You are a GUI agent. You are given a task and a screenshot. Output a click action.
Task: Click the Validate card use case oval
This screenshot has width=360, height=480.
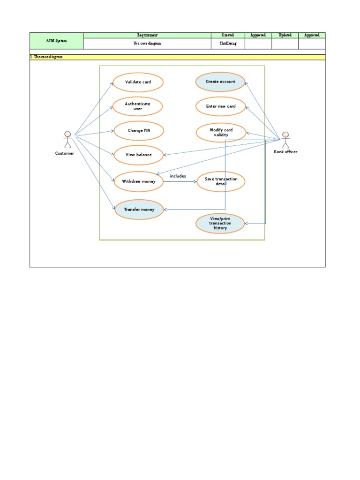(x=138, y=82)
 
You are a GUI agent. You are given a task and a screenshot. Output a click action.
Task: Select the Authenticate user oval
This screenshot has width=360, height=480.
(x=138, y=106)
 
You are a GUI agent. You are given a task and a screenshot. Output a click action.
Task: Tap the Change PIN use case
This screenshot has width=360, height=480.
(x=139, y=130)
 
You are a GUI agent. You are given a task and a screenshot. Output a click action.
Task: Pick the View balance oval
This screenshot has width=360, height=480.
(x=139, y=155)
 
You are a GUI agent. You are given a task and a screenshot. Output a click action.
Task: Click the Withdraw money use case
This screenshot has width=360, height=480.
(x=139, y=181)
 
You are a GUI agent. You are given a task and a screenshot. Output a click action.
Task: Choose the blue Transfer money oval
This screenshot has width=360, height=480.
(x=139, y=210)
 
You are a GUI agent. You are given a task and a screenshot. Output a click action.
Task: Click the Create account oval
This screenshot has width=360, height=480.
(x=220, y=82)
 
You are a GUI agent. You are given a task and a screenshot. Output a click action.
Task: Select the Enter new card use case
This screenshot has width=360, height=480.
(x=221, y=106)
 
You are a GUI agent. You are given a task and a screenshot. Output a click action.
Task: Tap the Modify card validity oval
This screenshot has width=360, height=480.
(x=221, y=132)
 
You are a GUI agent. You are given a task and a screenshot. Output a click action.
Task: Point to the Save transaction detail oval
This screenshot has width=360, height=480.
(x=221, y=181)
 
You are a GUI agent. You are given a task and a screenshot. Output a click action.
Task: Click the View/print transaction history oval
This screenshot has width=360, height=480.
(x=220, y=223)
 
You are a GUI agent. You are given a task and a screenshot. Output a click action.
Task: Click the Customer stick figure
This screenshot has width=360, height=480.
(x=68, y=140)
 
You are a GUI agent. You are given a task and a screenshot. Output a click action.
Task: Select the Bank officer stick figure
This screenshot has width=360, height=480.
(x=285, y=139)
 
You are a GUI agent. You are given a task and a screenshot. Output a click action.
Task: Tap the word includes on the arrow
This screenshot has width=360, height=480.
(x=178, y=176)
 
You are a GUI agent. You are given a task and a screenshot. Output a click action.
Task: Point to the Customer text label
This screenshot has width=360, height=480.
(x=65, y=153)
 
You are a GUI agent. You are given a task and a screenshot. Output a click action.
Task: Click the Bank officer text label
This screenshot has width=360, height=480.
(x=285, y=152)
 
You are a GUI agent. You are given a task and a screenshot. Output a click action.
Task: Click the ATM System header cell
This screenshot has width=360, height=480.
(x=56, y=41)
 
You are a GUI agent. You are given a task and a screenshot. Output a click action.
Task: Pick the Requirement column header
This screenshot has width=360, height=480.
(x=147, y=35)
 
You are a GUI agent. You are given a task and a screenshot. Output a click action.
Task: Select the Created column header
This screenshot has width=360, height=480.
(x=228, y=35)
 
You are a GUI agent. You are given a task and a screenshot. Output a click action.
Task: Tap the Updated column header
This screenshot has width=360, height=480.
(x=285, y=35)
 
